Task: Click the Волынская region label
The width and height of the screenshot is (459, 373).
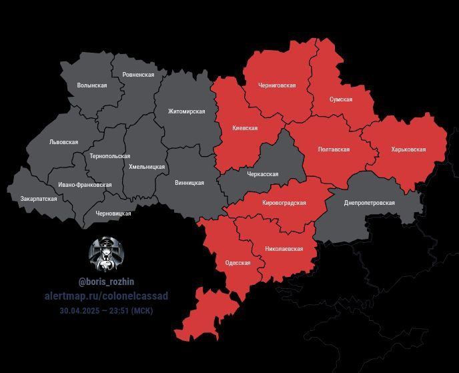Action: [92, 86]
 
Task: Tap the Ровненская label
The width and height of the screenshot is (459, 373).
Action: [138, 75]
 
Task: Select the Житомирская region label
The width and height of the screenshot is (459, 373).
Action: [186, 111]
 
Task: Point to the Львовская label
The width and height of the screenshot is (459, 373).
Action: [63, 142]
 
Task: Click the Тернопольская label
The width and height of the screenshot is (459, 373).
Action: [109, 156]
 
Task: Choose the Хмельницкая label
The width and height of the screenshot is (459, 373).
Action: [146, 166]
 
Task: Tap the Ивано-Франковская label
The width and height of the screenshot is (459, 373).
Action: [85, 185]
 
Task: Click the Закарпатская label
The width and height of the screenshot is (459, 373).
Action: [38, 199]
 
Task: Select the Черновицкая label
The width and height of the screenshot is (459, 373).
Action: [113, 214]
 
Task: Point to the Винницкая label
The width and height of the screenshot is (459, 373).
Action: [189, 183]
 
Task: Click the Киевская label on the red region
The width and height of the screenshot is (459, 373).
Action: [245, 128]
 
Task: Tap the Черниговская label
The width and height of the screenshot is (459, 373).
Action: [278, 86]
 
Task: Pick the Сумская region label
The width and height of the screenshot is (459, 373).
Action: [341, 99]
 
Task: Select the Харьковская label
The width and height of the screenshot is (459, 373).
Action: [408, 149]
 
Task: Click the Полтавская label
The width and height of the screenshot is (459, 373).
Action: [334, 149]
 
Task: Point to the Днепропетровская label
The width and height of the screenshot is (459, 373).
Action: [369, 203]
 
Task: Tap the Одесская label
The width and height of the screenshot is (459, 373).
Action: [238, 263]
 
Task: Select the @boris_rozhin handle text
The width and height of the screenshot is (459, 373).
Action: [106, 282]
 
